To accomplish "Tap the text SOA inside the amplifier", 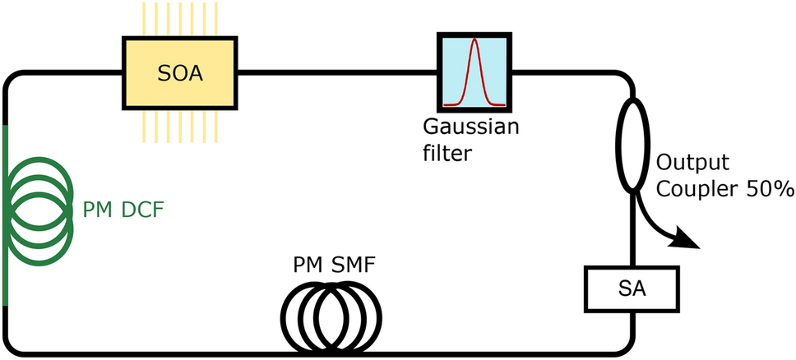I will [179, 74].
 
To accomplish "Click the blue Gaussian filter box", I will [474, 74].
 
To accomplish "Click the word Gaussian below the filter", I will [472, 129].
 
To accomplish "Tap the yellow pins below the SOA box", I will [179, 128].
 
